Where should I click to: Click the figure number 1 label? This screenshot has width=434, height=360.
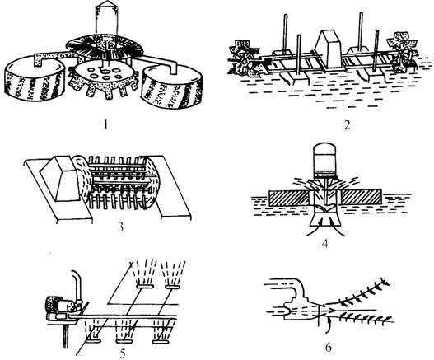click(105, 125)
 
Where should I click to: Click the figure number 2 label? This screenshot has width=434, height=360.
click(347, 125)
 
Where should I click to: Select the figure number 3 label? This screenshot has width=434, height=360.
click(120, 227)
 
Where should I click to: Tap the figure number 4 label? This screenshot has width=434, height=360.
click(325, 243)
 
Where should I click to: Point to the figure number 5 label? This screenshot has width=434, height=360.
click(123, 353)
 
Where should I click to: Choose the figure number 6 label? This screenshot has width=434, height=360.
click(328, 348)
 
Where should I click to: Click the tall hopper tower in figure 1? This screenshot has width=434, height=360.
click(107, 18)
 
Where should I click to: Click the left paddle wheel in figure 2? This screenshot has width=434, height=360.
click(244, 59)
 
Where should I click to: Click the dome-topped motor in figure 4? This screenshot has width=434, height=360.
click(325, 160)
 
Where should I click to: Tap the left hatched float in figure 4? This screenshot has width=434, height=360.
click(290, 198)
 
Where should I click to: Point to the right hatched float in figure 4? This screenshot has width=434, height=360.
click(362, 198)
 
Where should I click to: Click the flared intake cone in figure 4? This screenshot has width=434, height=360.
click(325, 217)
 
